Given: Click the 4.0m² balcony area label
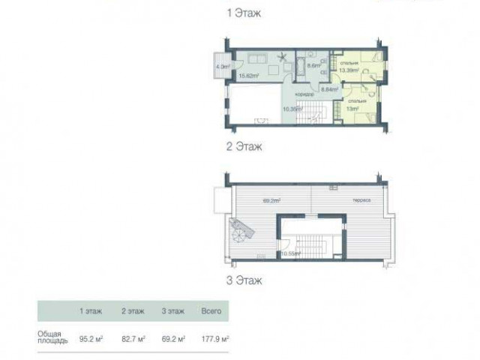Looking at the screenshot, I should tap(222, 65).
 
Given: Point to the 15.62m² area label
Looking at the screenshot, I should tap(248, 75).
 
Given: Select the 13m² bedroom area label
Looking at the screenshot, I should tap(352, 108).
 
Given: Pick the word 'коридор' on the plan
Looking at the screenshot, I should tap(304, 94).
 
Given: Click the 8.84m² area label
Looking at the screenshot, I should tap(328, 88).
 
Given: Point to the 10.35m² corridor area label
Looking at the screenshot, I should tap(292, 108).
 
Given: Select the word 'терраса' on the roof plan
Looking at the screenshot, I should tap(343, 201).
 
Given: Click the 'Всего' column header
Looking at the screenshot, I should tap(211, 310).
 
